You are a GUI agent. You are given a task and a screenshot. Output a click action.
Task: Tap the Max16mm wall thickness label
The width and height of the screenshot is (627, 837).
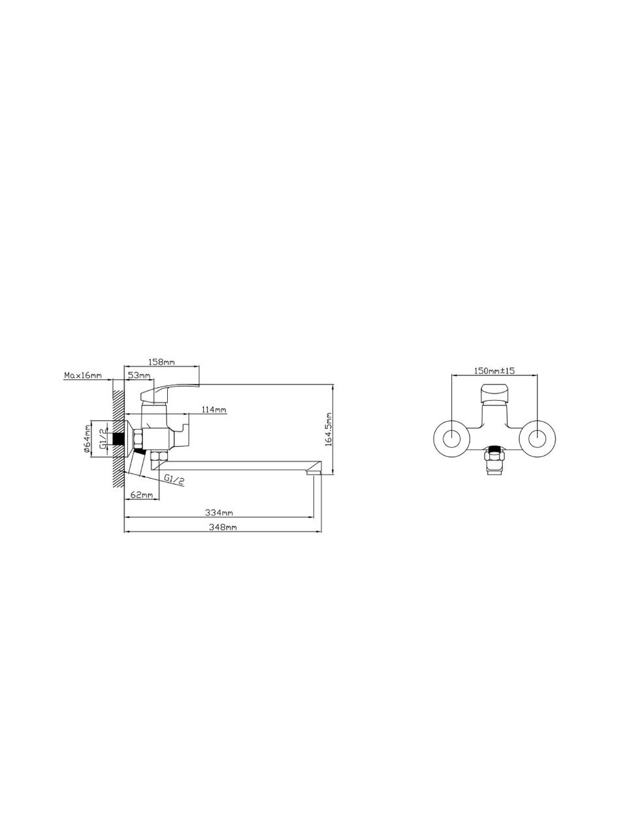83,375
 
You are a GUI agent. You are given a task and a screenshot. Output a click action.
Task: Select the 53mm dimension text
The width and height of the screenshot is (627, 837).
139,375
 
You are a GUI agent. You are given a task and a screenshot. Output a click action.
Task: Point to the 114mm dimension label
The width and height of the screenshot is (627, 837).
214,409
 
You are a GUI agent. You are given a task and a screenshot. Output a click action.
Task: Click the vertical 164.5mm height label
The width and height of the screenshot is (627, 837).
329,429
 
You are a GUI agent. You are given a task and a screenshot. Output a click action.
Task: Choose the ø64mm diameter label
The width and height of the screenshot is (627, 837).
87,439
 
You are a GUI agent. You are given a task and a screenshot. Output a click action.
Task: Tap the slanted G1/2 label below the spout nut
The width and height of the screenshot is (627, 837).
174,479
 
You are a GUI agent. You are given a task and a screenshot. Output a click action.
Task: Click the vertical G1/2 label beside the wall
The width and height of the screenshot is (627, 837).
102,439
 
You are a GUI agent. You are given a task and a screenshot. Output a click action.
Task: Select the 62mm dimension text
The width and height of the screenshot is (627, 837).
142,494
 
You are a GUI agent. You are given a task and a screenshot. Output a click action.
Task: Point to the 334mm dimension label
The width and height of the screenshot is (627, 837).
219,513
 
